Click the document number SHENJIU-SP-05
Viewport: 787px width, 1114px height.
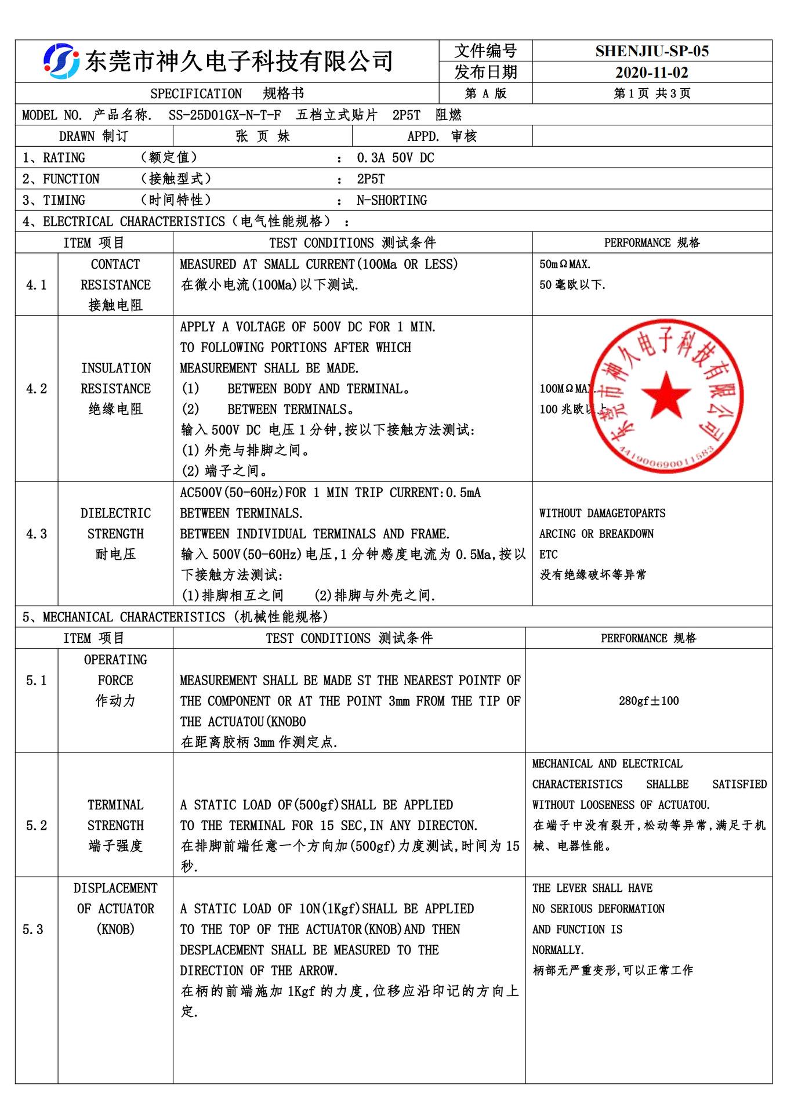pyautogui.click(x=652, y=51)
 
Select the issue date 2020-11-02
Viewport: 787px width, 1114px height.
pyautogui.click(x=652, y=73)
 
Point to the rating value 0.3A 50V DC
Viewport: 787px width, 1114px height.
pyautogui.click(x=395, y=158)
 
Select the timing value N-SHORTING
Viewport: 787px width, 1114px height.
pyautogui.click(x=391, y=200)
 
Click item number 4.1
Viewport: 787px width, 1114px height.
pyautogui.click(x=36, y=285)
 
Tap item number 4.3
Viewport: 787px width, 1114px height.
pyautogui.click(x=36, y=534)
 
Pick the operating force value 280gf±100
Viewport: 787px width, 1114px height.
pyautogui.click(x=648, y=701)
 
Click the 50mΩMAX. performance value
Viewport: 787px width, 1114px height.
pyautogui.click(x=565, y=265)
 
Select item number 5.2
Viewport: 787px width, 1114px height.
pyautogui.click(x=36, y=826)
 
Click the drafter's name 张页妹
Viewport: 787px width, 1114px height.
pyautogui.click(x=262, y=136)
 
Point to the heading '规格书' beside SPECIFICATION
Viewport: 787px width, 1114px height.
pyautogui.click(x=283, y=93)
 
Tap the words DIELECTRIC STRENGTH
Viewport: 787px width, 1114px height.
pyautogui.click(x=115, y=523)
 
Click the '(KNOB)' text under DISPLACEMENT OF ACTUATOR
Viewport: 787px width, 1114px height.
pyautogui.click(x=115, y=929)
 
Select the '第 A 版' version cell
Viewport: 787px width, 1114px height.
pyautogui.click(x=485, y=93)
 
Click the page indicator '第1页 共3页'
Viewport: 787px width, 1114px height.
pyautogui.click(x=652, y=93)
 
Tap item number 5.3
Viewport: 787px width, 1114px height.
pyautogui.click(x=32, y=929)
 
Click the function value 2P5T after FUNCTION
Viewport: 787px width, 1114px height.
pyautogui.click(x=371, y=179)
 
